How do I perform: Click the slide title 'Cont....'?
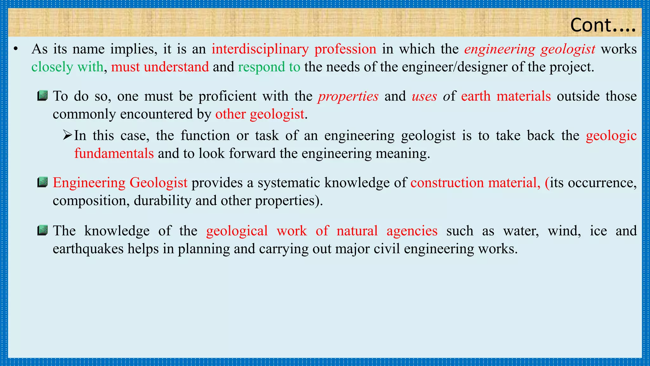[x=603, y=25]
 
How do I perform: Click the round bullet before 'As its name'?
[x=16, y=49]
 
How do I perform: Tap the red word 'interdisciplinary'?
[x=260, y=49]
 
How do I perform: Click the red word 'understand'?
[x=176, y=67]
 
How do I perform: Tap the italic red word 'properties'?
[x=348, y=96]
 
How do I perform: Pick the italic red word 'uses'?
[x=424, y=96]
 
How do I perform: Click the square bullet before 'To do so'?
[x=42, y=96]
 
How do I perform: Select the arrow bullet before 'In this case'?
[x=68, y=135]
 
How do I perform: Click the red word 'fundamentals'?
[x=114, y=153]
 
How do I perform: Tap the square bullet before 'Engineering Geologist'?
[x=42, y=182]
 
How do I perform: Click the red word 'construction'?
[x=447, y=183]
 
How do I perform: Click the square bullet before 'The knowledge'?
[x=42, y=230]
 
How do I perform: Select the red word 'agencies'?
[x=412, y=231]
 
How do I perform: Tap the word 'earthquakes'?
[x=88, y=248]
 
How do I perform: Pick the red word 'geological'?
[x=237, y=231]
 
